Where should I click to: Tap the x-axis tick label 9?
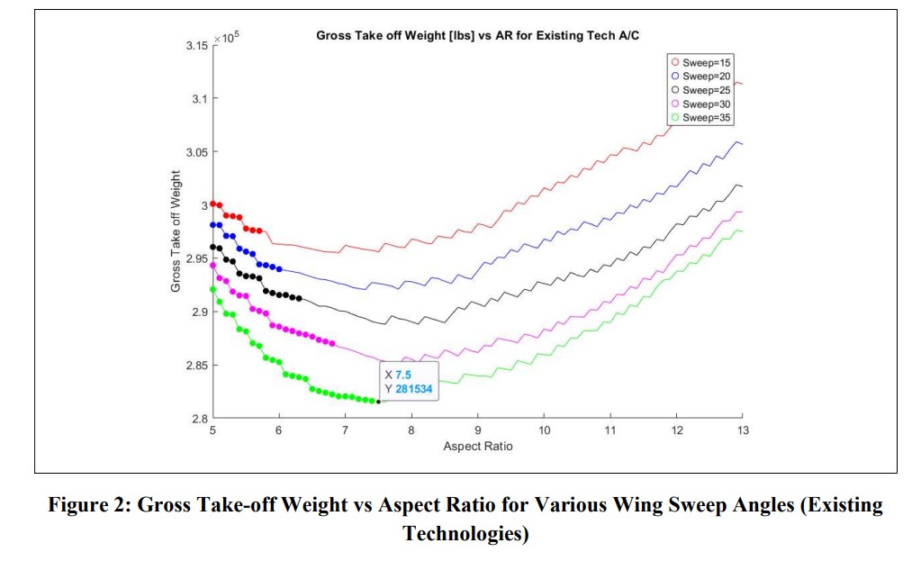coord(477,431)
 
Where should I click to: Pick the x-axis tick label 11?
coord(609,431)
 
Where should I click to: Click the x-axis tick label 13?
coord(742,431)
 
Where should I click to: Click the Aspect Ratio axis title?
coord(477,447)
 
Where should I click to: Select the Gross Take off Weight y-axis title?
coord(176,234)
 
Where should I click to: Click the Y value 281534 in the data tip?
coord(415,389)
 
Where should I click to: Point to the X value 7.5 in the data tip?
coord(402,375)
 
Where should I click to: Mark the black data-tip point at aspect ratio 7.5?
coord(378,401)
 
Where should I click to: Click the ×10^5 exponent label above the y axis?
coord(228,37)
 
